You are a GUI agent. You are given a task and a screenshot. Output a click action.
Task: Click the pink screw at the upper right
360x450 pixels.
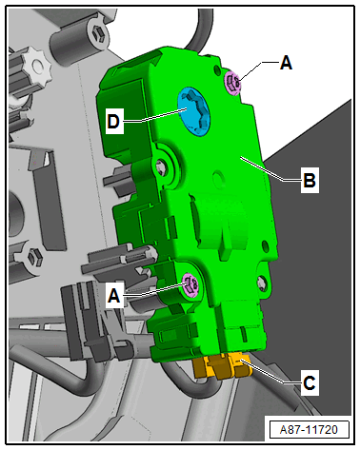pos(233,83)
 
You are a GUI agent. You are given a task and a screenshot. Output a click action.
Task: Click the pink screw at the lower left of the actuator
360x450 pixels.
pos(190,285)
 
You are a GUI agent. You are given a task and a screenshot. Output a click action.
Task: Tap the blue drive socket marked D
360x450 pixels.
pos(194,111)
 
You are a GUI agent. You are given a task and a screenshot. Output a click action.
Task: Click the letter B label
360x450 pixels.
pos(310,180)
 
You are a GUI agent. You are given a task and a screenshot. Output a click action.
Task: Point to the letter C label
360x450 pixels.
pos(309,383)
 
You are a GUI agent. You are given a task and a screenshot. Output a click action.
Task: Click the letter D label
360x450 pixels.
pos(113,122)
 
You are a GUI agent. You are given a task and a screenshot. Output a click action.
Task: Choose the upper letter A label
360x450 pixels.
pos(286,63)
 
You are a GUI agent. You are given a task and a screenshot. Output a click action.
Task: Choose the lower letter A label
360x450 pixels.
pos(114,296)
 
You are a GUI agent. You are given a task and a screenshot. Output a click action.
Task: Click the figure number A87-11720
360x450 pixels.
pos(309,430)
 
